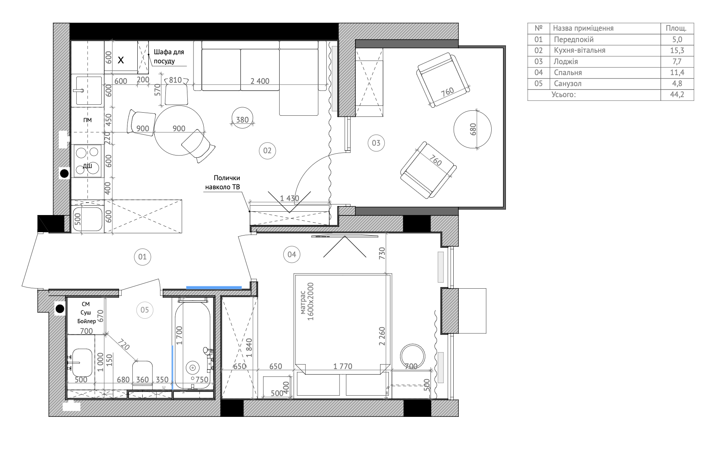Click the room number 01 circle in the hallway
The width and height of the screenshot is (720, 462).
pos(142,257)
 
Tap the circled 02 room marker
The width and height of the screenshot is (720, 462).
pos(267,151)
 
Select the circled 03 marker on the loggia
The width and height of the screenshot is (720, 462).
pos(376,143)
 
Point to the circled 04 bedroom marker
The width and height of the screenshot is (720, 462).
pos(292,254)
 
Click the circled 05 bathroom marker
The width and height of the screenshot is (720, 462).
pos(145,310)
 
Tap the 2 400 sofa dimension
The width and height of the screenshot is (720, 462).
pos(260,81)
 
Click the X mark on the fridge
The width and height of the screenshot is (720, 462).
pos(121,60)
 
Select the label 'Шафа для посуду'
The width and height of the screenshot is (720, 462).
pos(169,56)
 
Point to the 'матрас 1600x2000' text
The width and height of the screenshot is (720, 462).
pos(307,302)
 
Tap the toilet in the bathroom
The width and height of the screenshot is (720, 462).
pos(143,374)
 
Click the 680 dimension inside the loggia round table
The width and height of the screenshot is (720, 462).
pos(473,129)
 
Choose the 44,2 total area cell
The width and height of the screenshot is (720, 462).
pos(677,94)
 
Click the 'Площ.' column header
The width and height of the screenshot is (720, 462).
pos(676,28)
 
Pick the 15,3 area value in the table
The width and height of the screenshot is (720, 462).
pos(677,50)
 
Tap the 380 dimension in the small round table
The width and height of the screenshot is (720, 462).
pos(242,120)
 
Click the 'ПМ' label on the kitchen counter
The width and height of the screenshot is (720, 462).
pos(88,120)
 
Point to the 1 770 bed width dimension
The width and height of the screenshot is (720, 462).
pos(343,366)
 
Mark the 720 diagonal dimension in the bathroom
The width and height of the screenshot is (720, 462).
pos(124,344)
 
